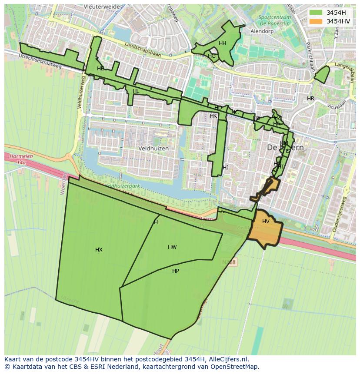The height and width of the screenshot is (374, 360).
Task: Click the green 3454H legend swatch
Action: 316,13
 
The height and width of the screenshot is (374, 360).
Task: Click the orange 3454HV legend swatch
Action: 316,21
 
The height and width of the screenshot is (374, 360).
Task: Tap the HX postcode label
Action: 99,250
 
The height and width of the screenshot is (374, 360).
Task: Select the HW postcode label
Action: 172,247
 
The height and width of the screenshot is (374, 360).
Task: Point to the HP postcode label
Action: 176,271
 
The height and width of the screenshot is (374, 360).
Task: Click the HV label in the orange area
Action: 266,222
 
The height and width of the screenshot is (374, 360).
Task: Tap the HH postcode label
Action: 223,43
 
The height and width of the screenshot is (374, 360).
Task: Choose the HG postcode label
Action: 212,56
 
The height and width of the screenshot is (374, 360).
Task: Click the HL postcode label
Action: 136,91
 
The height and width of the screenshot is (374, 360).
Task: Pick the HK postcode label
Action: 213,116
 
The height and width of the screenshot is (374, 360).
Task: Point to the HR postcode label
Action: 310,99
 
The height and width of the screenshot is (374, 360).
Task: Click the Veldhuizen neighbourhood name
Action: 153,148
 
